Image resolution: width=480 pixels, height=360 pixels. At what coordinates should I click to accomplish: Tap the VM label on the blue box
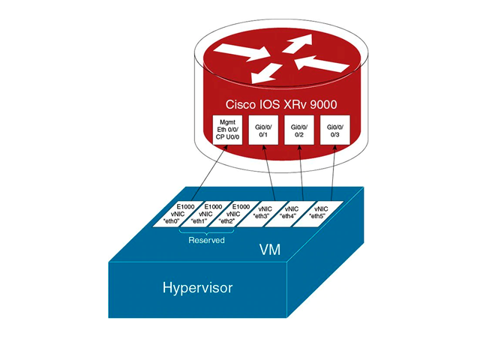click(x=270, y=250)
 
